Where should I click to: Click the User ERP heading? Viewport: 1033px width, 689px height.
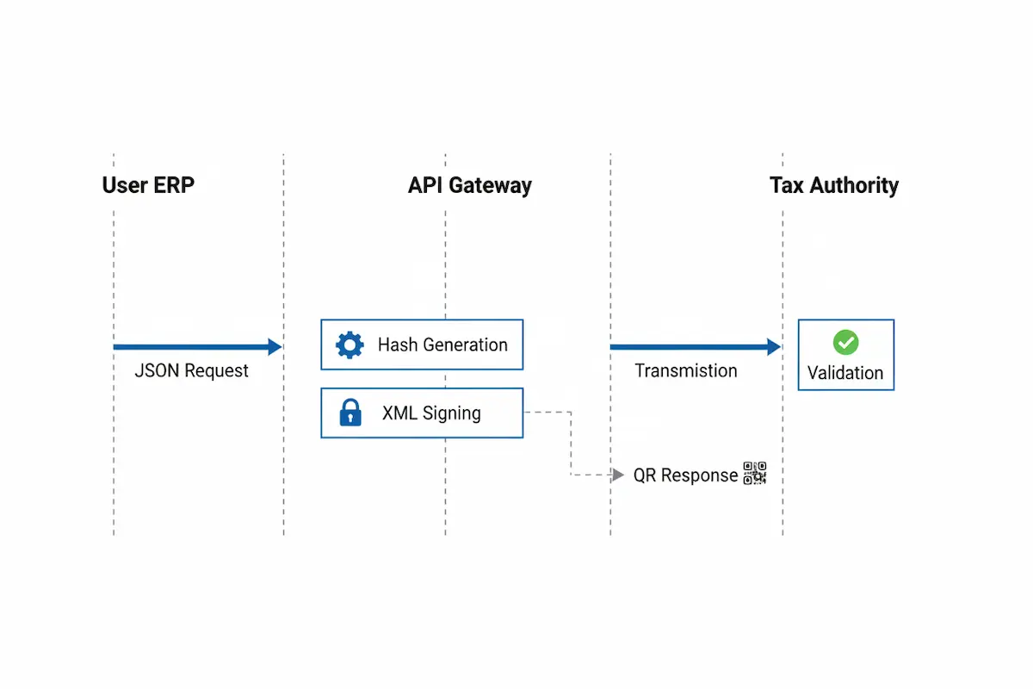click(x=148, y=185)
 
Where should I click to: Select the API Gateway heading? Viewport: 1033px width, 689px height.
click(x=469, y=185)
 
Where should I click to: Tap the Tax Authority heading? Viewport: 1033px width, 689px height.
click(x=833, y=185)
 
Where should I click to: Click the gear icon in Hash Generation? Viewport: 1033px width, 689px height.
click(x=349, y=345)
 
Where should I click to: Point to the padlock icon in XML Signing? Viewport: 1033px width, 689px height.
click(x=349, y=413)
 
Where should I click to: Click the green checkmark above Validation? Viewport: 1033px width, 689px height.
click(x=845, y=343)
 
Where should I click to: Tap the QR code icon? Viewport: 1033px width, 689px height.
click(x=755, y=474)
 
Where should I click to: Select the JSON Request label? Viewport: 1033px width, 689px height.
click(x=191, y=371)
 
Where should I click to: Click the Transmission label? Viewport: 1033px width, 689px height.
click(x=686, y=371)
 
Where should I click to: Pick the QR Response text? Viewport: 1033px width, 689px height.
click(x=685, y=475)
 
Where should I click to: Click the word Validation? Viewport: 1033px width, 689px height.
click(x=845, y=373)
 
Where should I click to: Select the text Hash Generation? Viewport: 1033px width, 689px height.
click(x=442, y=345)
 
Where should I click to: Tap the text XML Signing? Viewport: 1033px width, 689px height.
click(x=431, y=413)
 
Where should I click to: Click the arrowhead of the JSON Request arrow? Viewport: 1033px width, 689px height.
click(x=275, y=347)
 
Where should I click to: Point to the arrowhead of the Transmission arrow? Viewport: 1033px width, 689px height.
click(x=774, y=347)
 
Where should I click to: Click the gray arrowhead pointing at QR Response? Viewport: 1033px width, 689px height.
click(x=618, y=475)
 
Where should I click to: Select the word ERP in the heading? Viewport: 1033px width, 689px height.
click(x=170, y=185)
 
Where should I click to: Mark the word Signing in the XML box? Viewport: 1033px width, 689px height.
click(x=452, y=413)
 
